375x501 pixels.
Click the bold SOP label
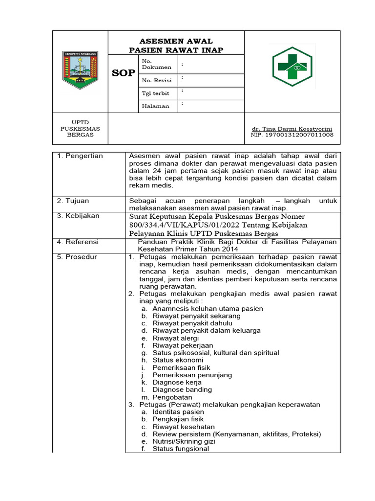[x=123, y=73]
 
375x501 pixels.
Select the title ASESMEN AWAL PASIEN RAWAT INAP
[x=176, y=46]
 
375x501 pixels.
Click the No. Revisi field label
[x=155, y=80]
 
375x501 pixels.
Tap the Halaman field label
[x=155, y=106]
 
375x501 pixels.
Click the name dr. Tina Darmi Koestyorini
[x=292, y=128]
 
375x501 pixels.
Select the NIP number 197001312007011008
[x=292, y=135]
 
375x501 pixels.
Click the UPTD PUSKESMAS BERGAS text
[x=80, y=128]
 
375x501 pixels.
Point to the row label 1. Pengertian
[x=80, y=156]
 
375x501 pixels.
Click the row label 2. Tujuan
[x=73, y=201]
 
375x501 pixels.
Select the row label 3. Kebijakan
[x=78, y=216]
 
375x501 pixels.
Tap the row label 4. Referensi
[x=78, y=242]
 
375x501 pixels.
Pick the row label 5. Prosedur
[x=77, y=257]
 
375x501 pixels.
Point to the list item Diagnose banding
[x=182, y=390]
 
